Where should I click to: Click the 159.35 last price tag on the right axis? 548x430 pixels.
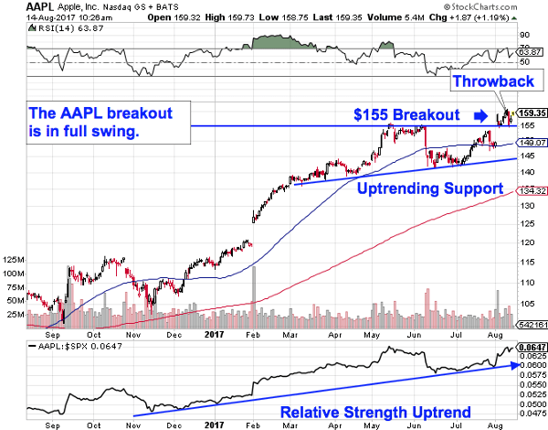(531, 113)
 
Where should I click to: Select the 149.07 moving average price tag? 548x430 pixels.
(531, 142)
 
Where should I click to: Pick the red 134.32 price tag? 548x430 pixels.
(531, 190)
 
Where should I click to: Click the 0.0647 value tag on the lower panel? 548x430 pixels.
(531, 349)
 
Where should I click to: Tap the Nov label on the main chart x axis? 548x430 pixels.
(132, 336)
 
